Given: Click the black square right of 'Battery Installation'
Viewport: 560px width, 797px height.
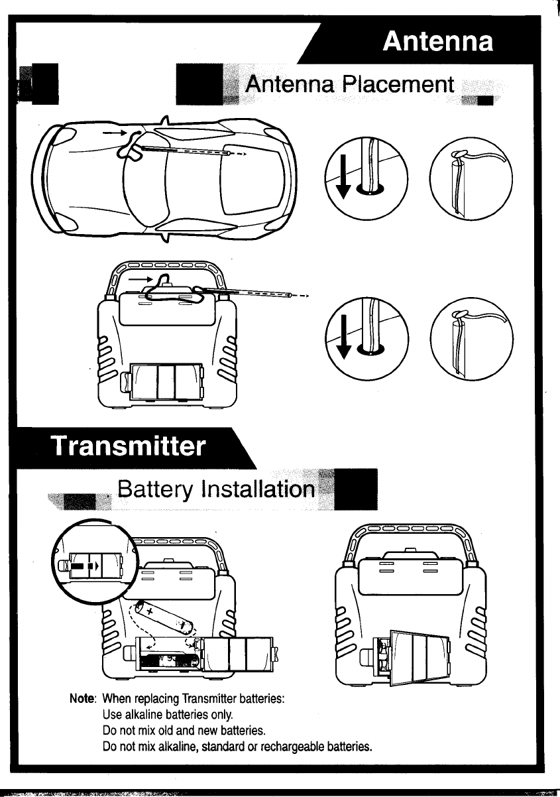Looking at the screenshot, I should (x=357, y=489).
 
